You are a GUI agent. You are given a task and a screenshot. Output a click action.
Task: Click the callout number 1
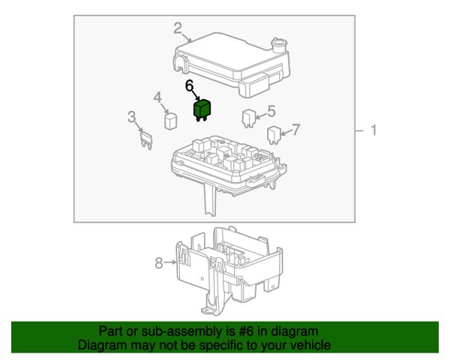[x=373, y=130]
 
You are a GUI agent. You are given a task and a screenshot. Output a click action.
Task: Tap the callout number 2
[x=178, y=28]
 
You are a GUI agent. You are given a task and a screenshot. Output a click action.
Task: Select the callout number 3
[x=131, y=117]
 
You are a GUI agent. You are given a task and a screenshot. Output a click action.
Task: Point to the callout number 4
[x=157, y=97]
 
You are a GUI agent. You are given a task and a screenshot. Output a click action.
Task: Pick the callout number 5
[x=271, y=111]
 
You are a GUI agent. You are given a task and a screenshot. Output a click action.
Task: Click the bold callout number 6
[x=190, y=85]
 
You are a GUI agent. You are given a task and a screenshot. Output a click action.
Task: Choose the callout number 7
[x=295, y=130]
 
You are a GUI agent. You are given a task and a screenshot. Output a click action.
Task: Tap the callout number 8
[x=159, y=263]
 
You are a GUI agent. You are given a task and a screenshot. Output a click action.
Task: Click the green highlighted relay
[x=202, y=110]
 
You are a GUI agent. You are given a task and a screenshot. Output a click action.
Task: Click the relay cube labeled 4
[x=171, y=121]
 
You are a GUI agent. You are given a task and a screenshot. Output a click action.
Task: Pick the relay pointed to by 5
[x=248, y=118]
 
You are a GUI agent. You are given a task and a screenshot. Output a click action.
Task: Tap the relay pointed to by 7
[x=274, y=135]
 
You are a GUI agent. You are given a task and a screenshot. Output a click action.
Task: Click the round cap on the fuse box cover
[x=279, y=45]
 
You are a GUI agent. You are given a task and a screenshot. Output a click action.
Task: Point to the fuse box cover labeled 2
[x=232, y=64]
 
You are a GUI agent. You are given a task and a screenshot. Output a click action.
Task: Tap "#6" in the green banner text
[x=246, y=331]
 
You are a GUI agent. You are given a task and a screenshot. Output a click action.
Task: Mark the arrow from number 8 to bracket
[x=170, y=262]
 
